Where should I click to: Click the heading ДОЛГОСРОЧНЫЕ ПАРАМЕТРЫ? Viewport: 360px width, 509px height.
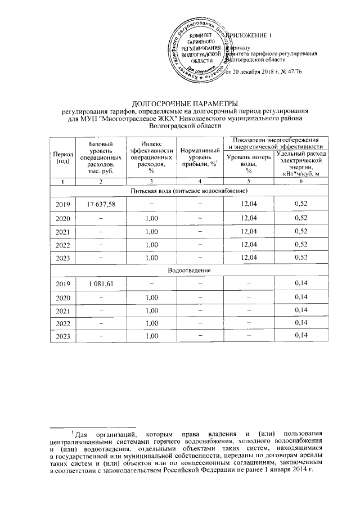(180, 103)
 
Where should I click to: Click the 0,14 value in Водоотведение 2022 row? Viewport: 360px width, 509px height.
(299, 323)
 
